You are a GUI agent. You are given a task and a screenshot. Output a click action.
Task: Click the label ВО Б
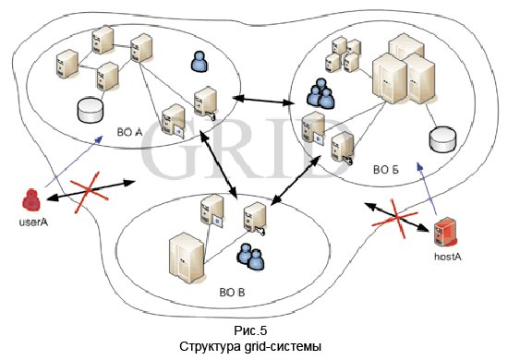coord(385,170)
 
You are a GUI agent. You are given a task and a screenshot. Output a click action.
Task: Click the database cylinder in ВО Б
coord(441,139)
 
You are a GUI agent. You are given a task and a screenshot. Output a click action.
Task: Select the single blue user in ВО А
coord(198,62)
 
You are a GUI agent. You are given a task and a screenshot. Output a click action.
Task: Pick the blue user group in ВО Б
coord(321,91)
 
